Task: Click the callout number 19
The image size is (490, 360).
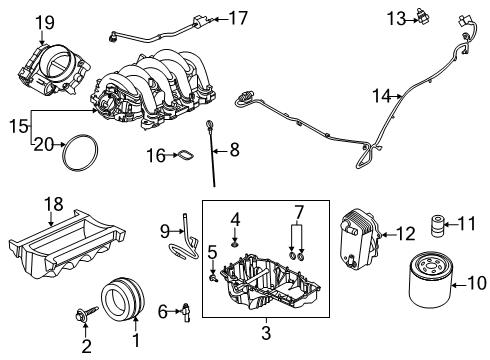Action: point(44,21)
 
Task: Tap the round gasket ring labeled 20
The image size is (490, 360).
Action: point(79,154)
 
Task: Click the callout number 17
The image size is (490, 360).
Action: point(237,17)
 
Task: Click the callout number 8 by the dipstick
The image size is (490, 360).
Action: point(234,151)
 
